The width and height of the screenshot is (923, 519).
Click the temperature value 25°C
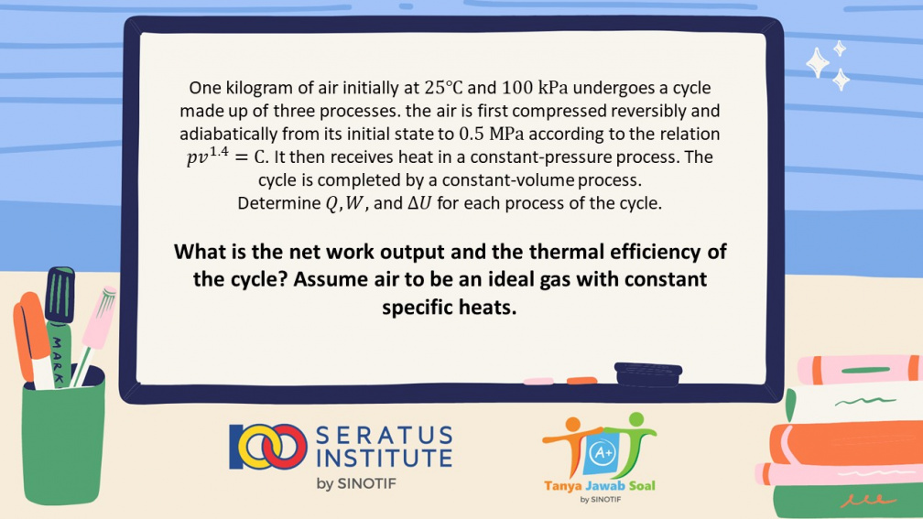click(x=443, y=88)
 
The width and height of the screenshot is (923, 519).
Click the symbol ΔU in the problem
click(x=419, y=203)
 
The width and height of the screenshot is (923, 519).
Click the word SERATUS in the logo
click(x=385, y=436)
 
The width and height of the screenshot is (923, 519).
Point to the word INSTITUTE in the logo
click(x=385, y=459)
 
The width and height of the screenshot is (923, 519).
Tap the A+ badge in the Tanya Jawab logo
click(x=603, y=453)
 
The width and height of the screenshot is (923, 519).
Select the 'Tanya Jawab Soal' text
click(x=599, y=485)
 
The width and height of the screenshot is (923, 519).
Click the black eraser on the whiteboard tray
click(x=648, y=375)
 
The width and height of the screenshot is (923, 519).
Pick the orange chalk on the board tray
click(x=581, y=381)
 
